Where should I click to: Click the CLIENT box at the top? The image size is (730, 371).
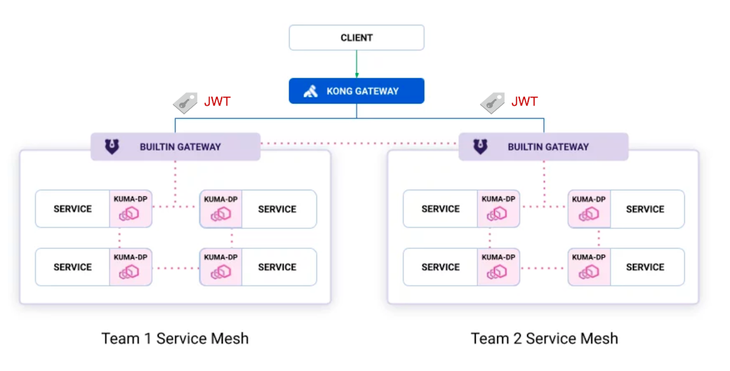(x=356, y=37)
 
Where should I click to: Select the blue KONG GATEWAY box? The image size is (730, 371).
(x=356, y=91)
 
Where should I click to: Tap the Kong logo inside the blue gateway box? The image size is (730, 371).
(x=310, y=91)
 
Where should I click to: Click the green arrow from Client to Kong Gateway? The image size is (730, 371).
(x=356, y=64)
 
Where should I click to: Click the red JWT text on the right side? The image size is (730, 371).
(x=524, y=102)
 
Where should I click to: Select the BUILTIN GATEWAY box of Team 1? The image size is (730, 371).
(x=175, y=147)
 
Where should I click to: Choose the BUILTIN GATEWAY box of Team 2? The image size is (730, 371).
(x=543, y=147)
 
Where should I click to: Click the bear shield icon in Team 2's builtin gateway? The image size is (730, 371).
(x=481, y=147)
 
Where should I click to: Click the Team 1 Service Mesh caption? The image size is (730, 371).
(x=175, y=338)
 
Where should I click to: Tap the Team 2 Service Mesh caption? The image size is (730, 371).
(x=544, y=338)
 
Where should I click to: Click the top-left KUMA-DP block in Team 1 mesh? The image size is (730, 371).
(x=130, y=208)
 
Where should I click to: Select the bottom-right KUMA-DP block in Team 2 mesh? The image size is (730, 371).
(x=589, y=267)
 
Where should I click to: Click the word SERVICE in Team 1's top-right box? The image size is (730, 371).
(x=277, y=209)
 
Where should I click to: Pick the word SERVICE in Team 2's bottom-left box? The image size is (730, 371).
(x=441, y=267)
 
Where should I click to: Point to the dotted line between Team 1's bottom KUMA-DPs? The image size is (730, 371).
(x=175, y=268)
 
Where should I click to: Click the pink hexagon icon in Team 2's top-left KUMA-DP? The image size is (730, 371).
(x=498, y=214)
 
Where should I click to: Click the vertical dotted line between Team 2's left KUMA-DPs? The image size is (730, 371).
(x=490, y=238)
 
